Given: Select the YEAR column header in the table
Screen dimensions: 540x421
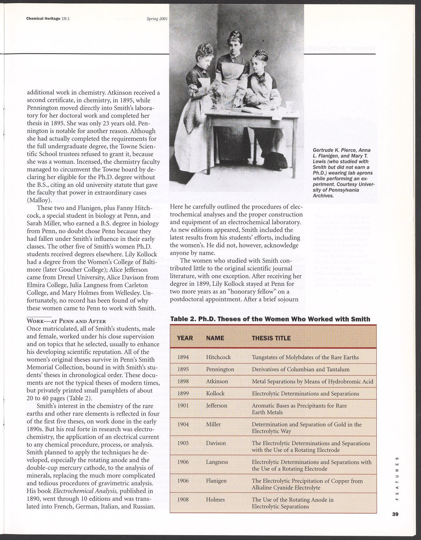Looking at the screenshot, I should pos(185,338).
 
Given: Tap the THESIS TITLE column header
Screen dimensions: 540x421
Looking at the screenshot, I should pos(271,338).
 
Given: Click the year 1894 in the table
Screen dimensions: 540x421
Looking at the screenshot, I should pos(183,357).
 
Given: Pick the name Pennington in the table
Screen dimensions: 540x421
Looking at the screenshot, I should pos(220,369).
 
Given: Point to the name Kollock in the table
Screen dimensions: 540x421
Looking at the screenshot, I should pos(215,393).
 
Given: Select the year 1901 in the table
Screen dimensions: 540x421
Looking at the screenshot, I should pos(183,406).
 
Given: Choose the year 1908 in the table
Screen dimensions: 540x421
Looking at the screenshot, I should pos(183,500).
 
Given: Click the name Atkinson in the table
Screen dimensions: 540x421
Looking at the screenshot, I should pos(217,381).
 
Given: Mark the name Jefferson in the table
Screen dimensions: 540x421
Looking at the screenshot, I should pos(216,406).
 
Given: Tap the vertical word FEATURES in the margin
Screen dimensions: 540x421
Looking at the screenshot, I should pos(397,479).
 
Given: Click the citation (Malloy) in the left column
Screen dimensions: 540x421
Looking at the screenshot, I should pos(39,200).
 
